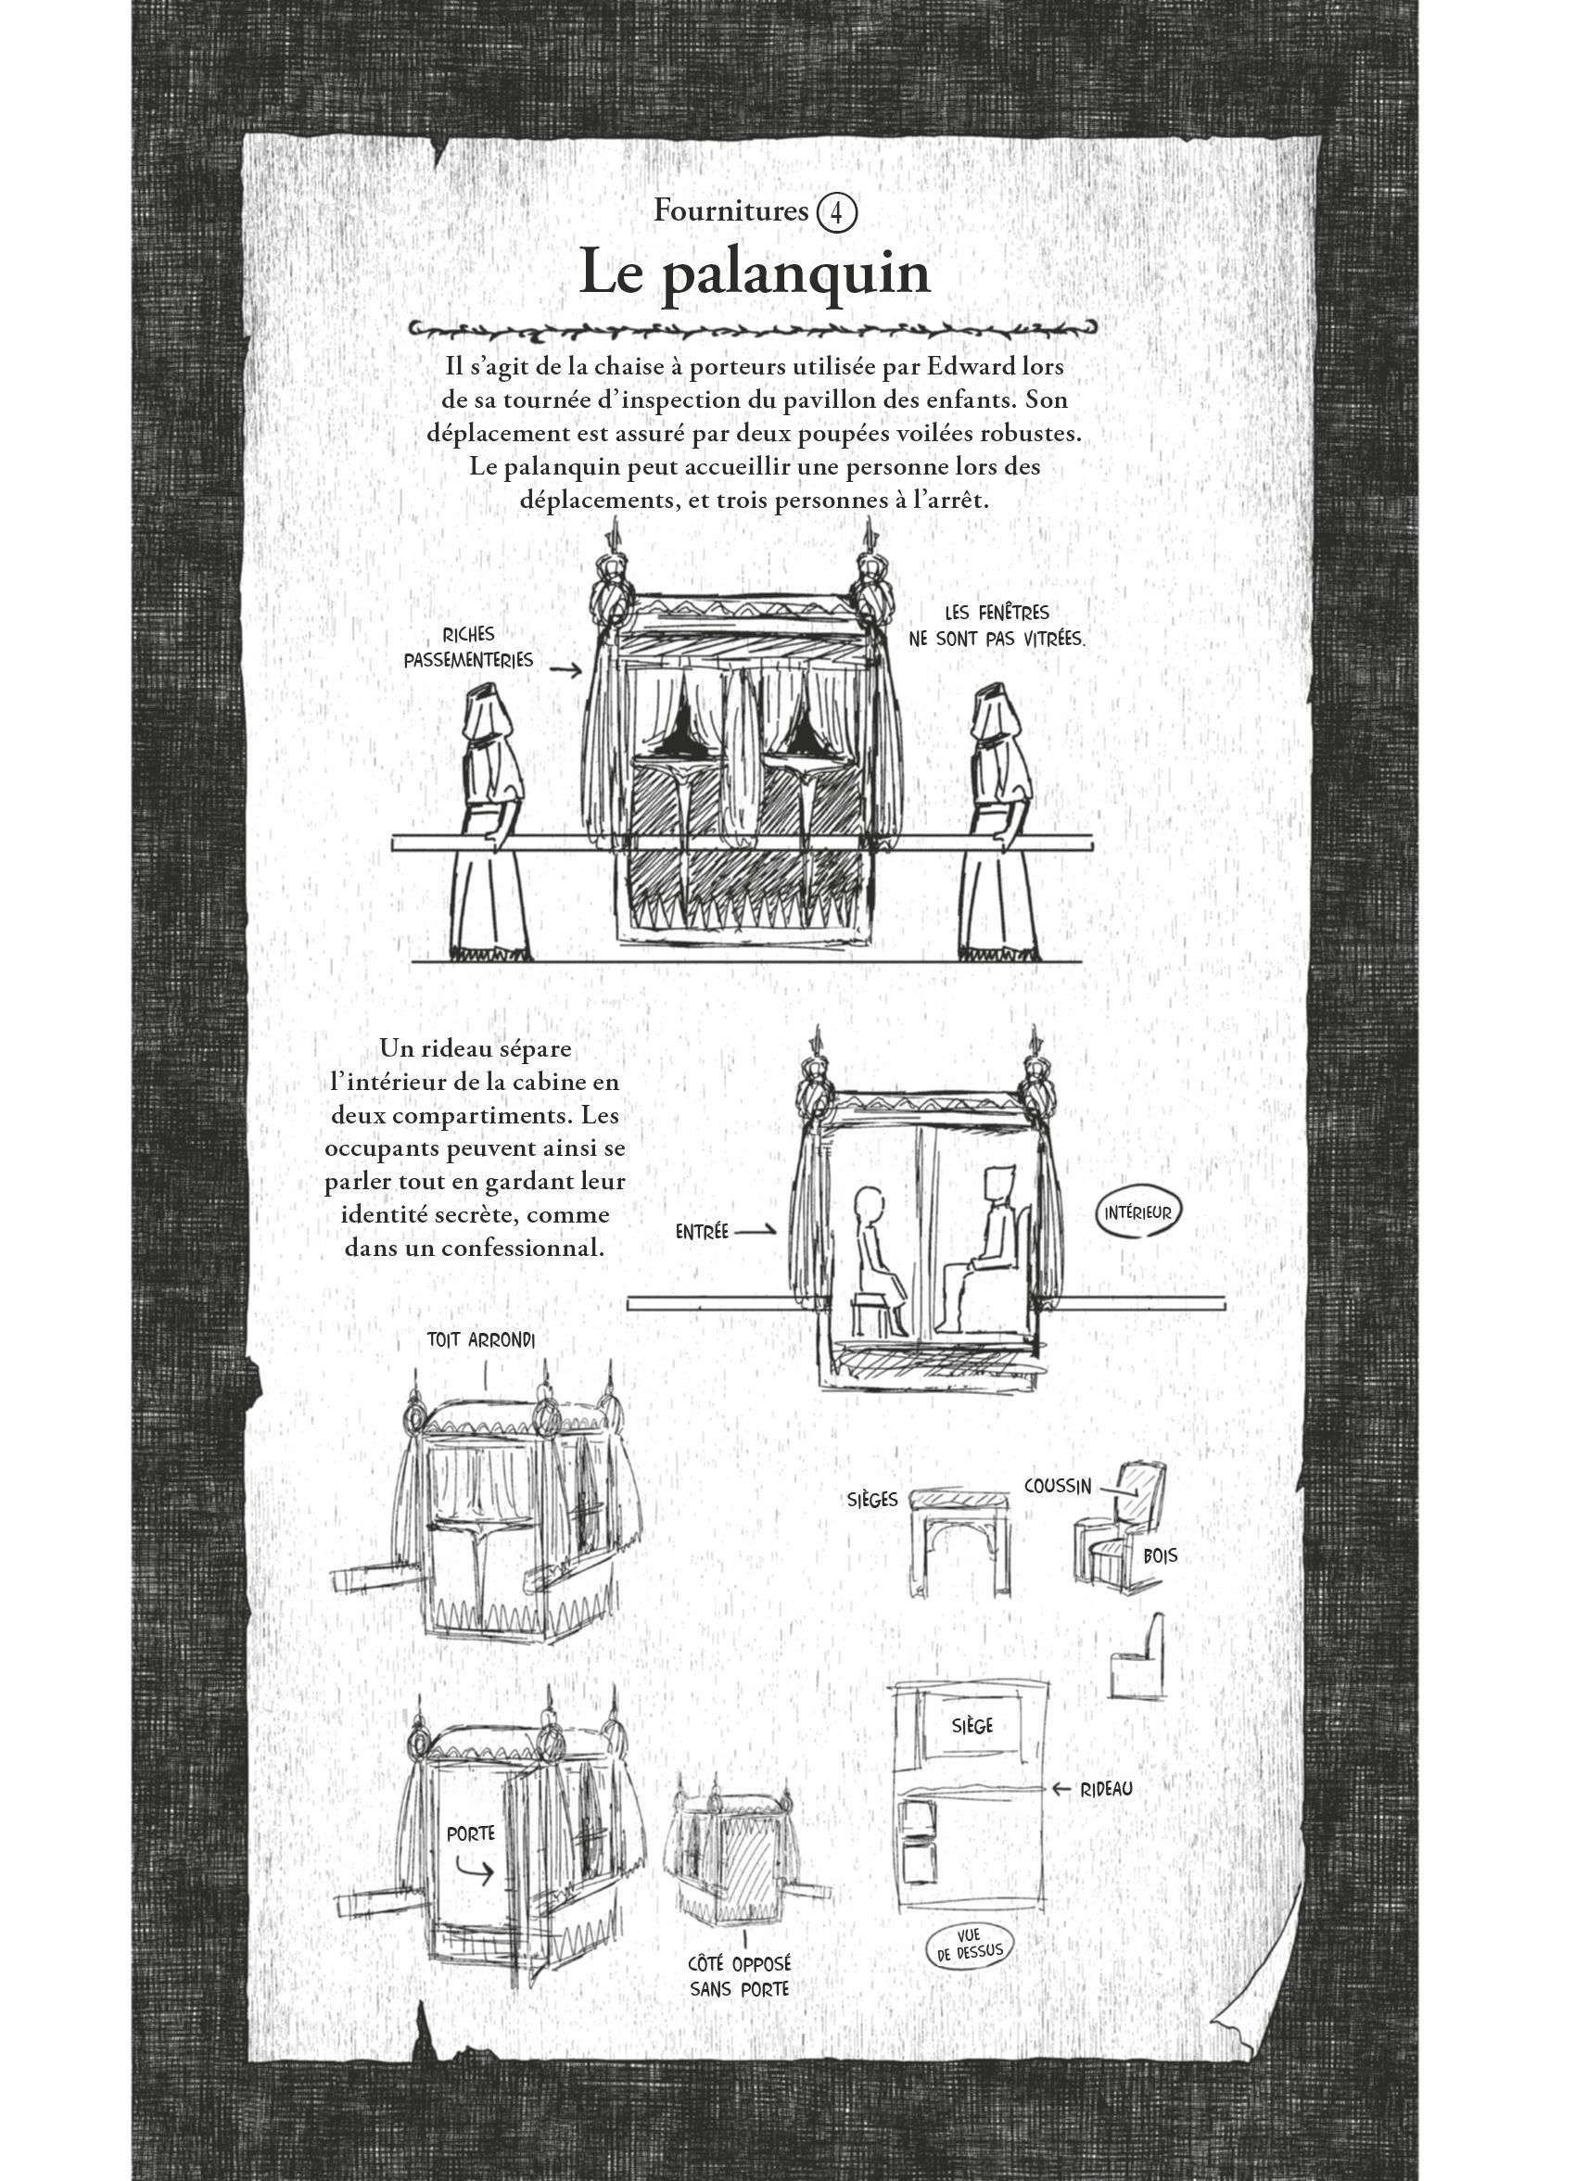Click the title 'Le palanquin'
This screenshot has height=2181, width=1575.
tap(756, 274)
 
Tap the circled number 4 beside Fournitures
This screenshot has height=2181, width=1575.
tap(835, 211)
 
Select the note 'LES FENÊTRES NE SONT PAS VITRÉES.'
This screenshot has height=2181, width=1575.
tap(997, 625)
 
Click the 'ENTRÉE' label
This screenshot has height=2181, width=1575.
tap(702, 1231)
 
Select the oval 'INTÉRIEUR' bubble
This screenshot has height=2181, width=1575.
tap(1137, 1212)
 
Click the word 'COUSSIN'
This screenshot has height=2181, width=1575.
tap(1058, 1486)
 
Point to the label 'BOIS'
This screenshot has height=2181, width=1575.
tap(1161, 1556)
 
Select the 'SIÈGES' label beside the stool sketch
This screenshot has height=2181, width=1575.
tap(873, 1499)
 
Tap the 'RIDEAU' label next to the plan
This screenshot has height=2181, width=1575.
tap(1104, 1789)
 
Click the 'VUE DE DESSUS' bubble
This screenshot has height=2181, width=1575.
tap(967, 1950)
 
